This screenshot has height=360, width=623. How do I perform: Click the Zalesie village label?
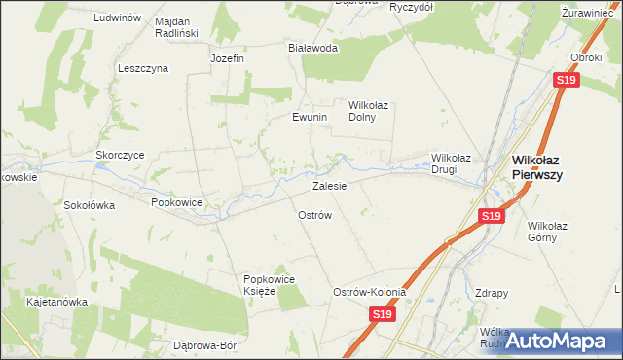pyautogui.click(x=329, y=185)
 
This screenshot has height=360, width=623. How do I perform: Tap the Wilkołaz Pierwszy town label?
pyautogui.click(x=550, y=166)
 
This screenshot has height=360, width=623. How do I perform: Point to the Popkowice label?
pyautogui.click(x=176, y=202)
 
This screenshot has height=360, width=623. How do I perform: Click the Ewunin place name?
pyautogui.click(x=310, y=117)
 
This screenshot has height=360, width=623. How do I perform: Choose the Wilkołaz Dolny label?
pyautogui.click(x=369, y=110)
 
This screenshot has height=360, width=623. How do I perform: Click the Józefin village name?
pyautogui.click(x=227, y=58)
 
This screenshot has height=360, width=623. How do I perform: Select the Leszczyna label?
pyautogui.click(x=143, y=68)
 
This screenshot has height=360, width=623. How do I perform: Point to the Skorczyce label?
pyautogui.click(x=120, y=155)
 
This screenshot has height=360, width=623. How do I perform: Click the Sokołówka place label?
pyautogui.click(x=90, y=205)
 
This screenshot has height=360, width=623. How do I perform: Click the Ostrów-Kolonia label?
pyautogui.click(x=369, y=292)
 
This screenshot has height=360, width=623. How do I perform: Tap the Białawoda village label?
pyautogui.click(x=312, y=47)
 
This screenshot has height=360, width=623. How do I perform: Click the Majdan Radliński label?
pyautogui.click(x=176, y=26)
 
